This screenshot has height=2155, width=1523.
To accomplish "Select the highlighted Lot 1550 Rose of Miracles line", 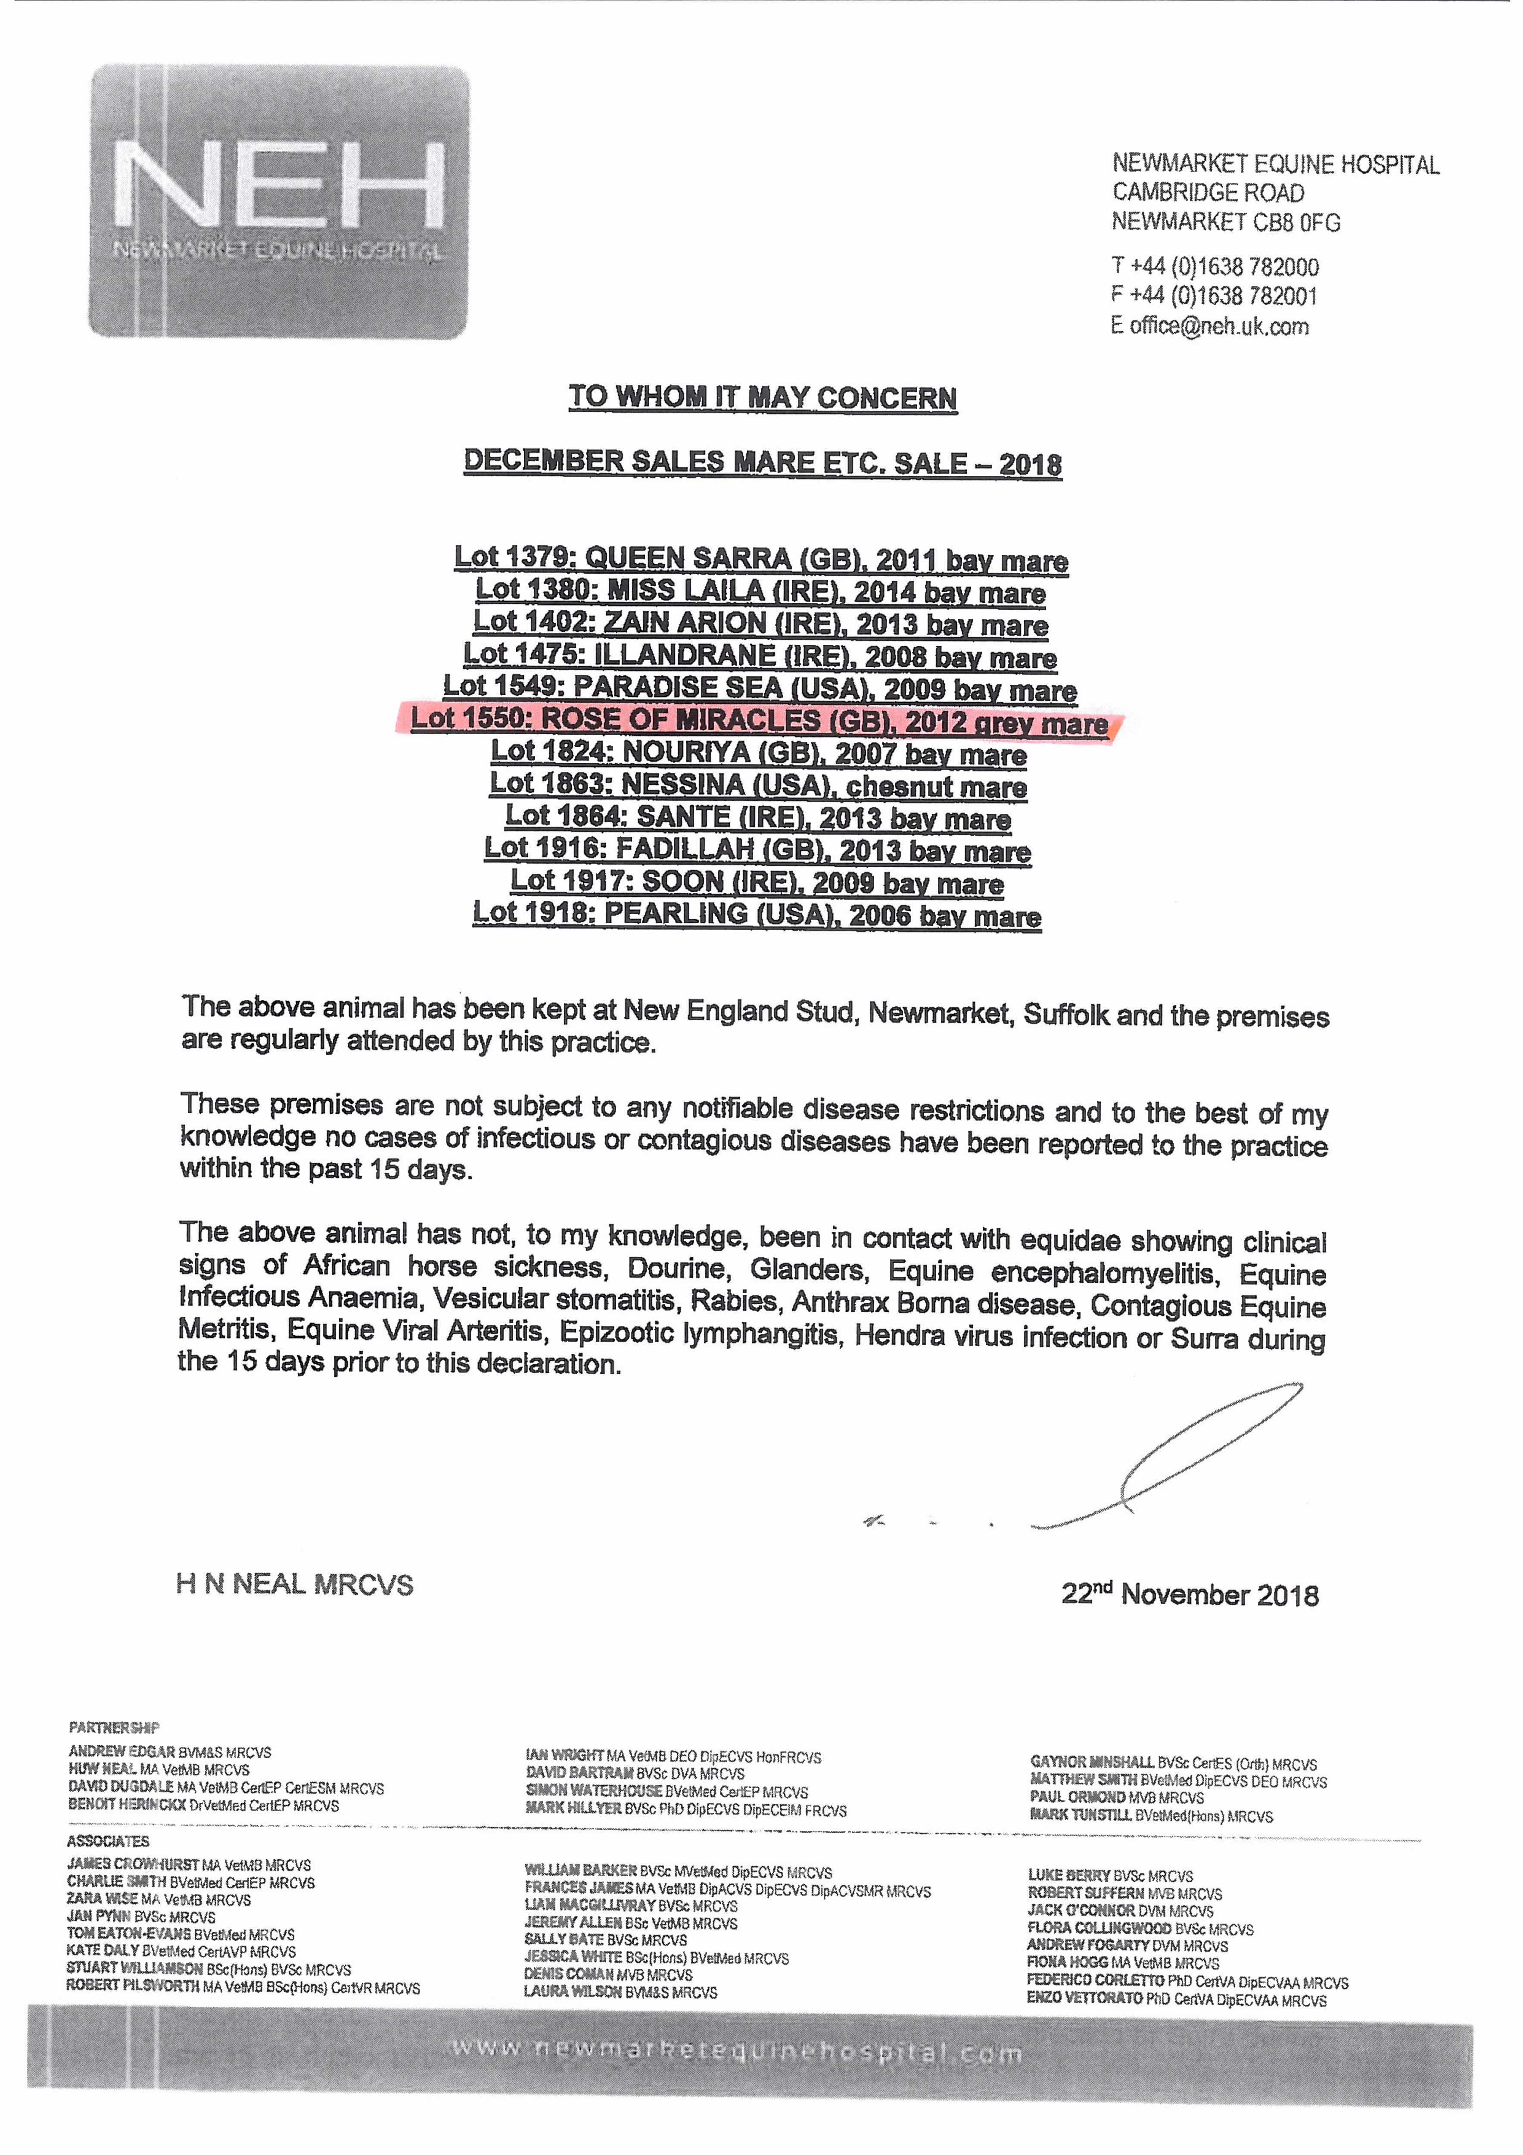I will tap(760, 721).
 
